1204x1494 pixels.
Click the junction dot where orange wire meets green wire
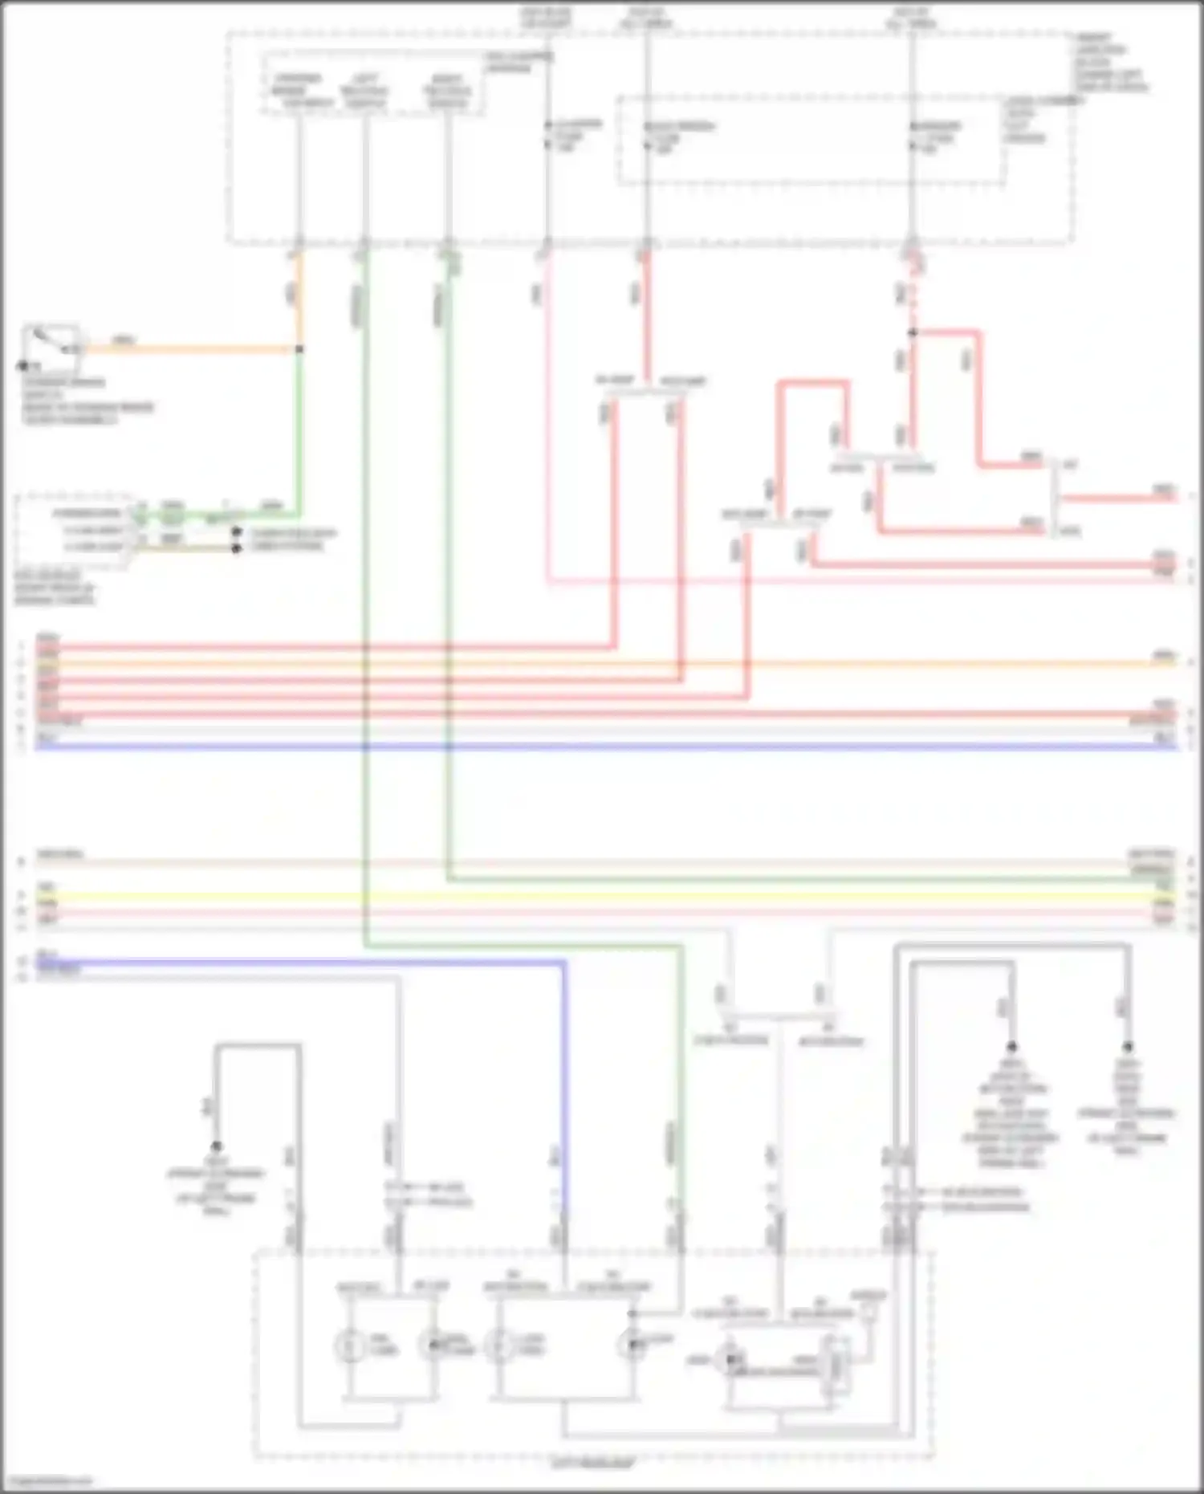pos(299,349)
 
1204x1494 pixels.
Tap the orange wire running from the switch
pos(193,349)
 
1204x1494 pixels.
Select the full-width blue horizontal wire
pos(602,747)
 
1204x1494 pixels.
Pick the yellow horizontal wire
pos(602,896)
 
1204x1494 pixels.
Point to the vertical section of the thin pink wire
pos(548,417)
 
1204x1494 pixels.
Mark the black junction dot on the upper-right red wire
pos(913,332)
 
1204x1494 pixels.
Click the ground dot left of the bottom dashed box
pos(216,1146)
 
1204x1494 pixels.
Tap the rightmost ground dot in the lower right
pos(1128,1047)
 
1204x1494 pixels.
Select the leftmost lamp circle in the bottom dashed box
pos(349,1346)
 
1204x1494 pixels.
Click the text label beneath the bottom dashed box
pos(592,1464)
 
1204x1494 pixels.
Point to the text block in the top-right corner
pos(1112,62)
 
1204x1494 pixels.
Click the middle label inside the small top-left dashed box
pos(364,91)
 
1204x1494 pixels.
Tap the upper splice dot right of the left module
pos(236,532)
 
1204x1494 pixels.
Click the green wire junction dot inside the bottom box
pos(633,1314)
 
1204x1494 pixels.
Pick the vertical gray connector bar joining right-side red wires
pos(1054,498)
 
